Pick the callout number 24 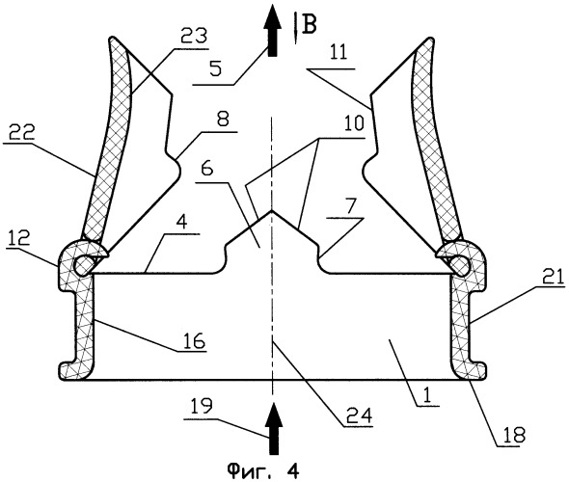point(360,415)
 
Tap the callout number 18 point(515,435)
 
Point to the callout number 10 point(354,123)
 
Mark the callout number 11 point(338,52)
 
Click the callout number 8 point(223,119)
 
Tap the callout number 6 point(206,170)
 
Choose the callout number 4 point(182,223)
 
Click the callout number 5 point(215,68)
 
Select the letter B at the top point(310,25)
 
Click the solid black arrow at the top point(273,31)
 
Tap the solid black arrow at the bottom point(273,428)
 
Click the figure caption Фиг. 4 point(263,471)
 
